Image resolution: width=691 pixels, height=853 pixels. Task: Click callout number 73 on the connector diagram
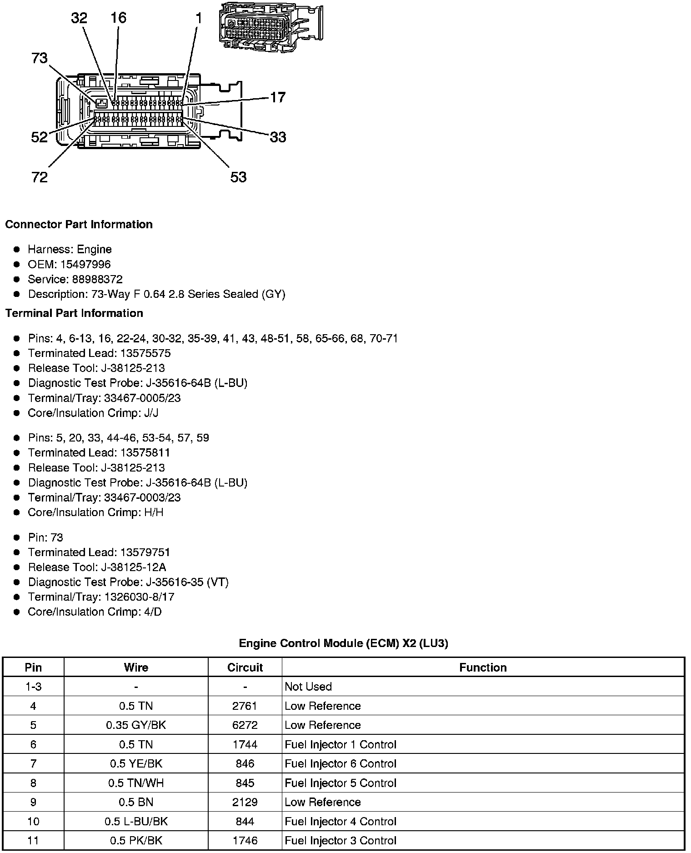(x=40, y=58)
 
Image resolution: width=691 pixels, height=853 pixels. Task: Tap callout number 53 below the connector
(x=238, y=177)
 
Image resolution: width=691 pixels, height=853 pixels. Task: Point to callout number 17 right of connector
(x=278, y=97)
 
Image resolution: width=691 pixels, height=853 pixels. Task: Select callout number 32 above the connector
(x=79, y=18)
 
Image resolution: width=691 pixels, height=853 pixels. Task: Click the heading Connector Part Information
(x=79, y=225)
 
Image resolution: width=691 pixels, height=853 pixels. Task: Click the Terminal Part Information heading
(x=74, y=313)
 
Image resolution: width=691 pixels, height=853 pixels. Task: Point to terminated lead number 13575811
(x=145, y=453)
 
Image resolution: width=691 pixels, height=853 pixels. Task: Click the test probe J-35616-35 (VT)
(x=187, y=582)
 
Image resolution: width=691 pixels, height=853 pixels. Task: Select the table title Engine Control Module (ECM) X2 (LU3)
(x=343, y=643)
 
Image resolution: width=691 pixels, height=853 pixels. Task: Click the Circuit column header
(x=245, y=667)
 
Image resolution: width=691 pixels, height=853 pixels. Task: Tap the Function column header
(x=483, y=667)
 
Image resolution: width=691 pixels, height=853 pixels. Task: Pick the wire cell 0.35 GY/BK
(x=136, y=725)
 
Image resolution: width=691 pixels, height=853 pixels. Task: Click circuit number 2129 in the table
(x=245, y=802)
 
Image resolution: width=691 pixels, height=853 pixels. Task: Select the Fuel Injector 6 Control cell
(x=340, y=764)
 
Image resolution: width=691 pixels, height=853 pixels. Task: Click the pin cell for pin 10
(x=33, y=822)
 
